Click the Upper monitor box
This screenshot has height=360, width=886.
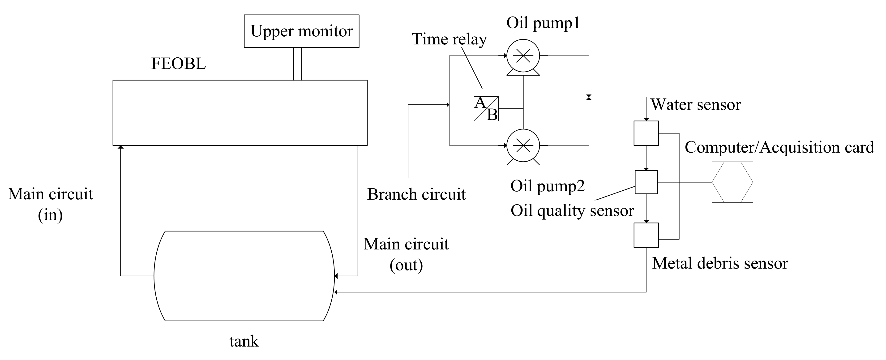(301, 31)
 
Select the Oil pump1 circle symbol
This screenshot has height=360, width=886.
(523, 56)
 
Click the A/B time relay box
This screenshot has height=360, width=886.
(486, 109)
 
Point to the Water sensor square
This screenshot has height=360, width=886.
(646, 133)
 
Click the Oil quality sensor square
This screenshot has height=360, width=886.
(646, 182)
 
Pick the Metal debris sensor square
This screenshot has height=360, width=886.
(646, 235)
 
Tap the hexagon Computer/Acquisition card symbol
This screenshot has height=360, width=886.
(732, 182)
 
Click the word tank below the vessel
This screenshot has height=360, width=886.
(244, 341)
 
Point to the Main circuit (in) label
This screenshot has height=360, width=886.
(51, 204)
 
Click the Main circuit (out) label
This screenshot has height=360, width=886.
(406, 254)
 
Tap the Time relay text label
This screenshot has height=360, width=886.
(449, 39)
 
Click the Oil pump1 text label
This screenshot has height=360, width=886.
(543, 23)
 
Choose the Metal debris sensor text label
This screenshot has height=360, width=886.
(720, 264)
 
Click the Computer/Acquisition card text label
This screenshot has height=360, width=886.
(779, 147)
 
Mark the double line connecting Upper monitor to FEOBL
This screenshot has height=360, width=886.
(298, 64)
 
